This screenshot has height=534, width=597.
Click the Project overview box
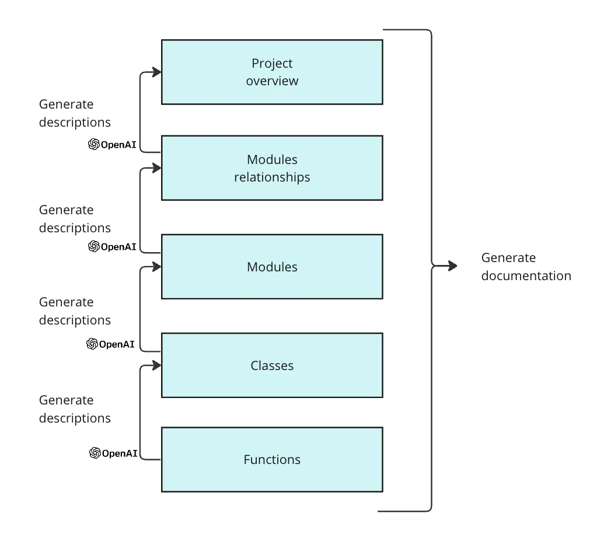pyautogui.click(x=272, y=72)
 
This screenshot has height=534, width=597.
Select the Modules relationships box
pyautogui.click(x=272, y=168)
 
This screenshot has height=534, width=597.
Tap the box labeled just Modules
pyautogui.click(x=272, y=267)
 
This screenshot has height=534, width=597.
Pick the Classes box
pyautogui.click(x=272, y=365)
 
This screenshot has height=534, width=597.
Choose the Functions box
pyautogui.click(x=272, y=459)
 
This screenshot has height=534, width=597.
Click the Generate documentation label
pyautogui.click(x=526, y=267)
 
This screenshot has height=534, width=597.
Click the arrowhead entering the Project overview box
pyautogui.click(x=156, y=72)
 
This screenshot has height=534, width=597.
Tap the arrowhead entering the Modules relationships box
pyautogui.click(x=156, y=168)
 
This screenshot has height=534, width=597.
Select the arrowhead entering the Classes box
pyautogui.click(x=156, y=365)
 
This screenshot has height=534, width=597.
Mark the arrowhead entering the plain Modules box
pyautogui.click(x=156, y=267)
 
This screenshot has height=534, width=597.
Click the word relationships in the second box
pyautogui.click(x=272, y=177)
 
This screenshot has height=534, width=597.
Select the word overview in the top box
pyautogui.click(x=272, y=81)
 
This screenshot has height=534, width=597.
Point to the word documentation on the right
pyautogui.click(x=526, y=276)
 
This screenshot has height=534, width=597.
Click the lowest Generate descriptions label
pyautogui.click(x=75, y=409)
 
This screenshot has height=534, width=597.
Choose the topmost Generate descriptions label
pyautogui.click(x=75, y=113)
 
